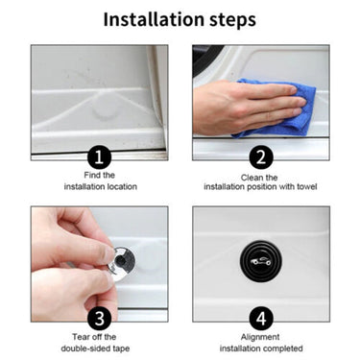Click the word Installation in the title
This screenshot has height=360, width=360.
click(155, 19)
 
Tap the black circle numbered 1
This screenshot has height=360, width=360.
click(100, 156)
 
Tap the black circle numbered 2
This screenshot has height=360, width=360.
click(261, 156)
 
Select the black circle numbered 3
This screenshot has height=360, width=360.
click(100, 319)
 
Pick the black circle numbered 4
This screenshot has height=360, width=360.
click(261, 319)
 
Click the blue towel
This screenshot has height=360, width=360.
click(276, 108)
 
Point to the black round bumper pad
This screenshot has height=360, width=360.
click(261, 261)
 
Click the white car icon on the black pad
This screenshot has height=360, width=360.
click(261, 261)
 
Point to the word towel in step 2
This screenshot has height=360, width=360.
click(306, 186)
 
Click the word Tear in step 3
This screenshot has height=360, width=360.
click(79, 337)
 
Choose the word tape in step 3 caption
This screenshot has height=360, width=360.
click(121, 348)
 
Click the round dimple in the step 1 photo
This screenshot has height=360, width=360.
click(104, 112)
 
